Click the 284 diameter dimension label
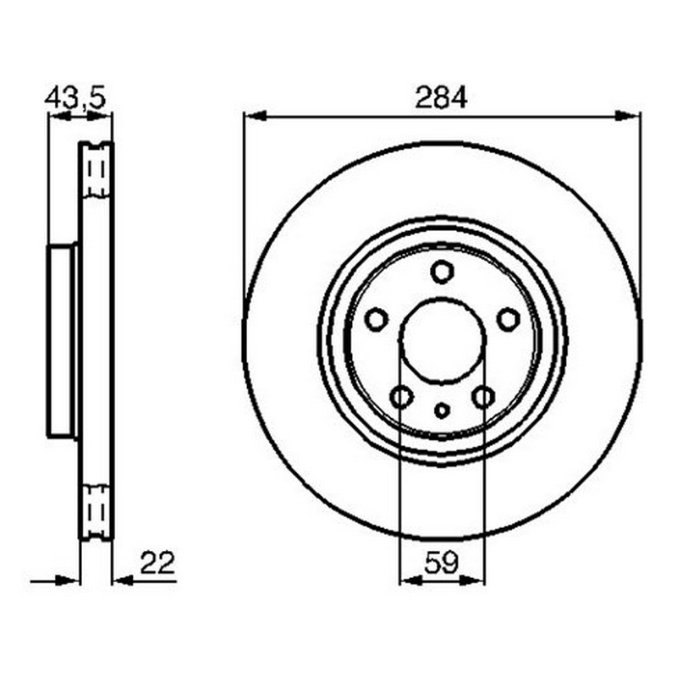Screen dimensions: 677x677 tap(441, 97)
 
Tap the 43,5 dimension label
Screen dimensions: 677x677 tap(75, 98)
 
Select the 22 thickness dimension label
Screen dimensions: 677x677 tap(157, 563)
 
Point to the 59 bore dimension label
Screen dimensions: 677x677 tap(441, 563)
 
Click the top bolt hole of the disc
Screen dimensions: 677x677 tap(442, 272)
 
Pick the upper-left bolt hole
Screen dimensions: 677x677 tap(376, 320)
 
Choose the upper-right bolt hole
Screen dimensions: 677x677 tap(509, 320)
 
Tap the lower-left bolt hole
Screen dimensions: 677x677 tap(401, 397)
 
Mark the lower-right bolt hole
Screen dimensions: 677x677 tap(483, 397)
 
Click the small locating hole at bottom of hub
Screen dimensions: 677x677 tap(442, 410)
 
